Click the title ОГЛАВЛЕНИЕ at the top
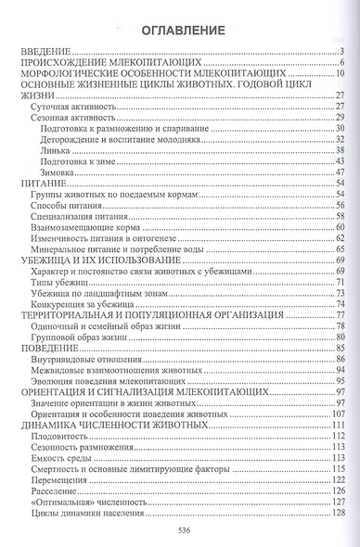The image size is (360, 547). tap(181, 31)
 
